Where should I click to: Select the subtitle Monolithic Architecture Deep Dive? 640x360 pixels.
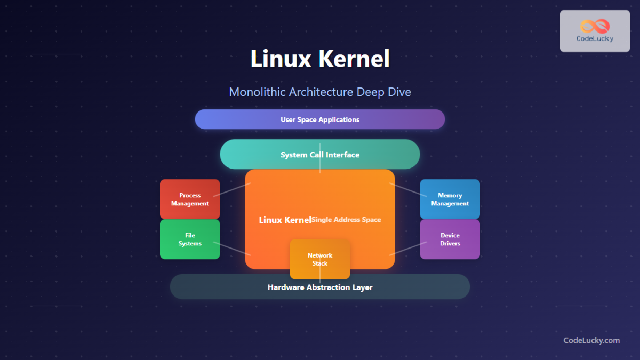point(320,92)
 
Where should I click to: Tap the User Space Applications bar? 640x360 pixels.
point(320,119)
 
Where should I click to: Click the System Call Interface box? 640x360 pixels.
point(320,155)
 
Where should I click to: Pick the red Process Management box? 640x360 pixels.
point(190,199)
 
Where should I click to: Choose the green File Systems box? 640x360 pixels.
point(190,239)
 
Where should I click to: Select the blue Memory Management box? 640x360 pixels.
point(450,199)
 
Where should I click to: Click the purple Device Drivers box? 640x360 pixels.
point(450,239)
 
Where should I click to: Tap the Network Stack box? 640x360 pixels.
point(320,259)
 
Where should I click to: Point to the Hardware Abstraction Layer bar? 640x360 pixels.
point(320,287)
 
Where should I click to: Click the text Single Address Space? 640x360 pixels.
point(347,220)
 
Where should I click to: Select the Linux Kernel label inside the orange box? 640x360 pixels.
point(285,220)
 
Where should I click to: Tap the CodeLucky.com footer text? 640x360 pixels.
point(591,340)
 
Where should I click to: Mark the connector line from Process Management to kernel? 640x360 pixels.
point(235,189)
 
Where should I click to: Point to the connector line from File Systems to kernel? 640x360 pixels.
point(233,249)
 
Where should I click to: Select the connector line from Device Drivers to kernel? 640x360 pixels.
point(409,249)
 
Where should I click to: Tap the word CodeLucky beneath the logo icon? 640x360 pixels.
point(595,38)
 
